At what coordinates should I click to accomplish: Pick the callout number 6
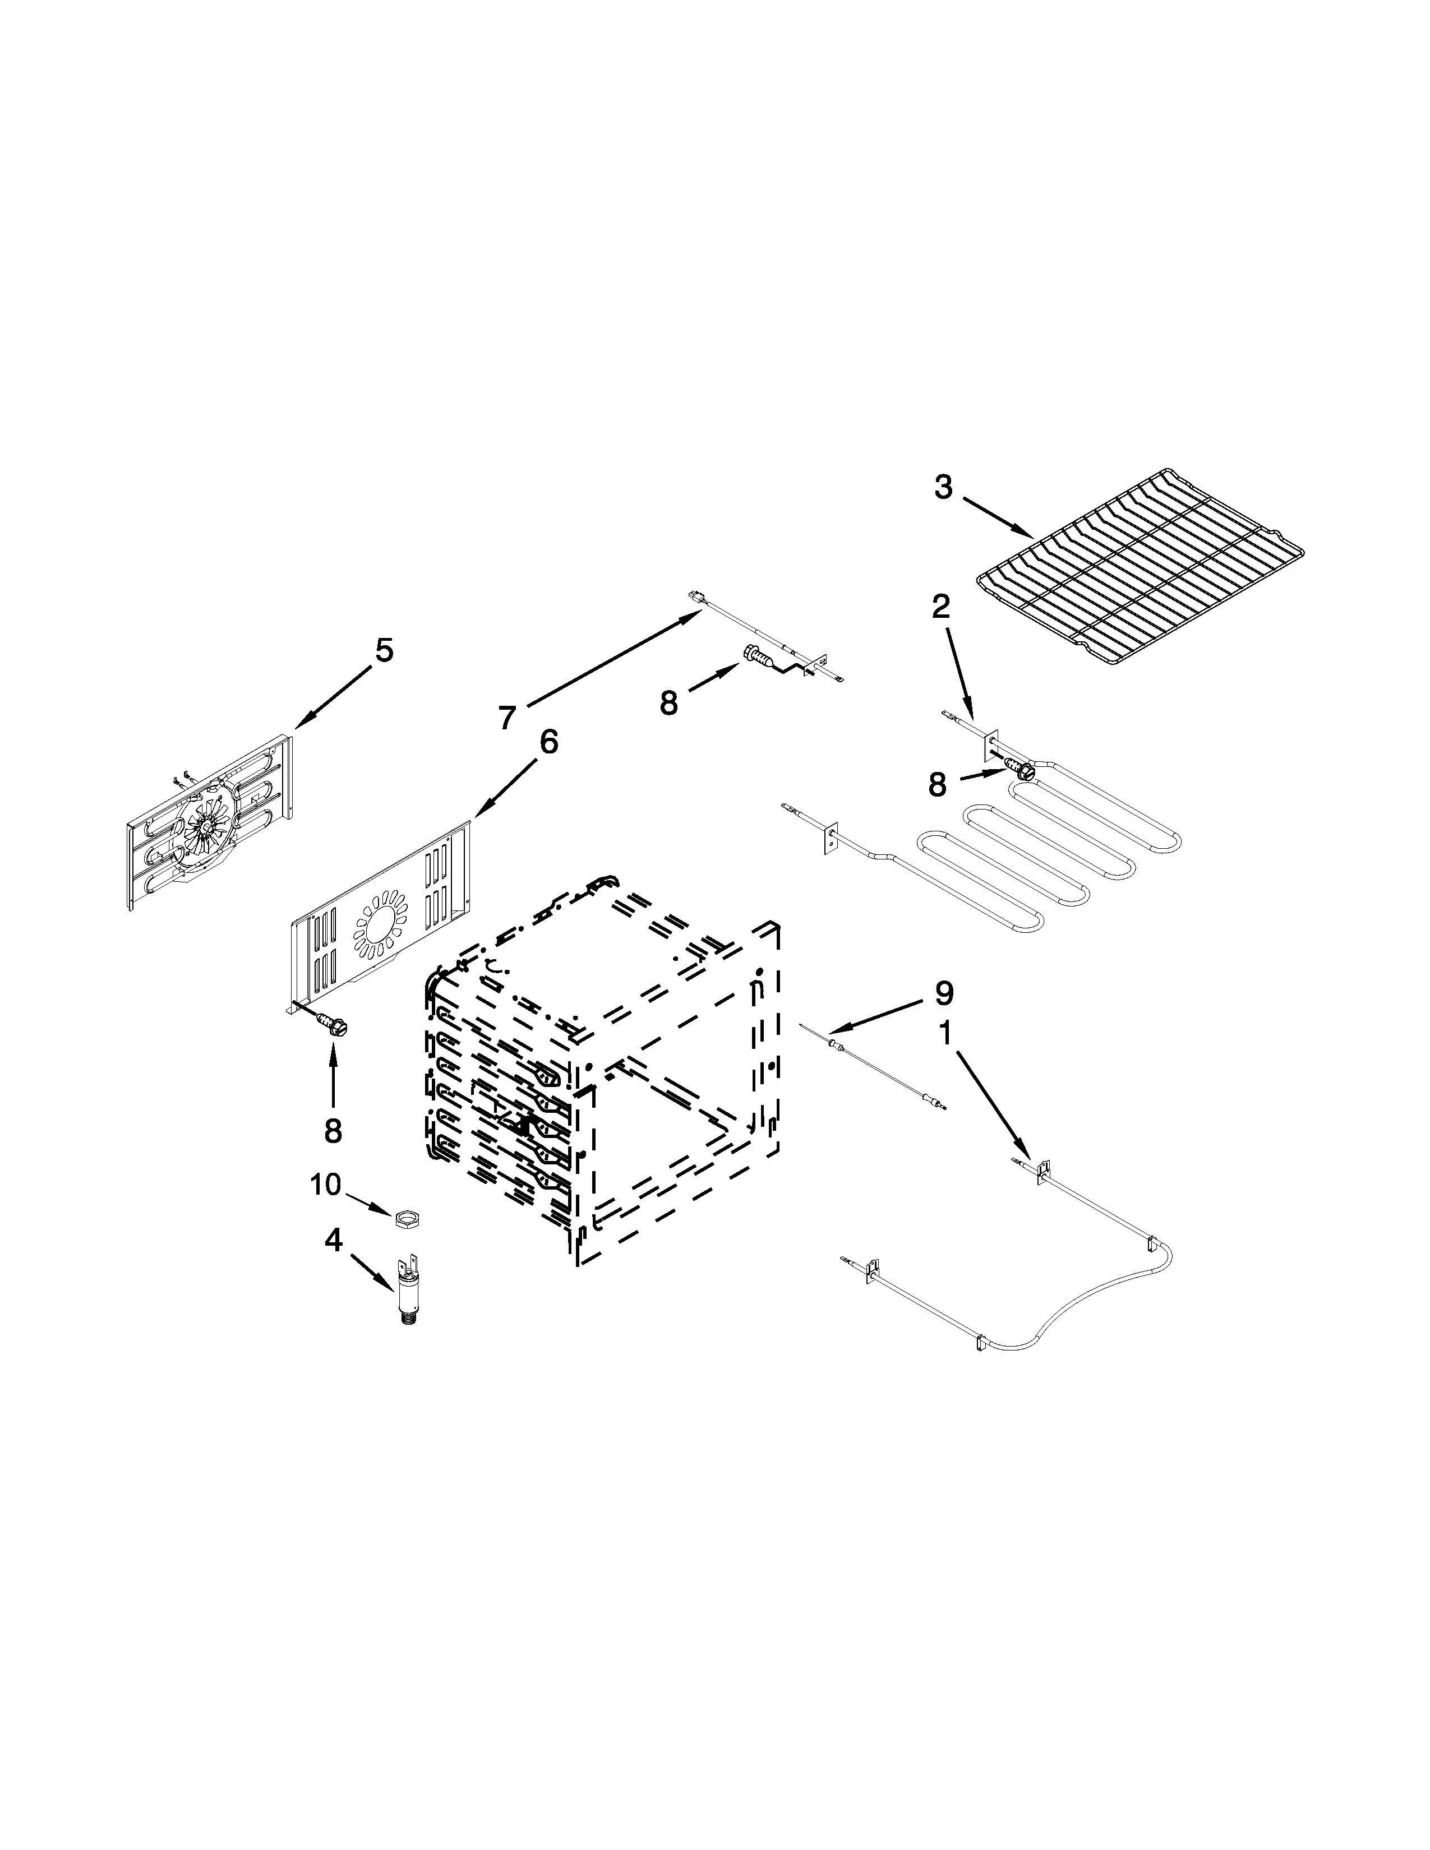coord(549,742)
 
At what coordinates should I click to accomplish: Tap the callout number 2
coord(941,607)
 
